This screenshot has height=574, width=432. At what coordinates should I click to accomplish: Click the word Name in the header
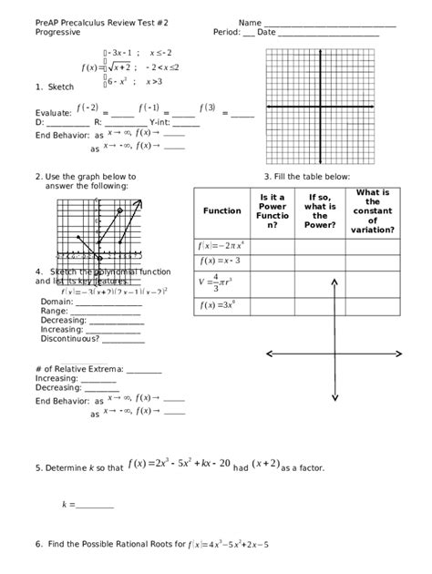tap(251, 22)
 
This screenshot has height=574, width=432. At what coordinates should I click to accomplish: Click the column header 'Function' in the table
tap(222, 210)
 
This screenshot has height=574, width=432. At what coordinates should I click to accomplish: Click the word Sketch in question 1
tap(60, 87)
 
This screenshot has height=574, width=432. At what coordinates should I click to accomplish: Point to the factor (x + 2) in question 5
tap(265, 465)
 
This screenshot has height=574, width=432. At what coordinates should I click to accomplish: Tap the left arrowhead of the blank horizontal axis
tap(268, 354)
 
